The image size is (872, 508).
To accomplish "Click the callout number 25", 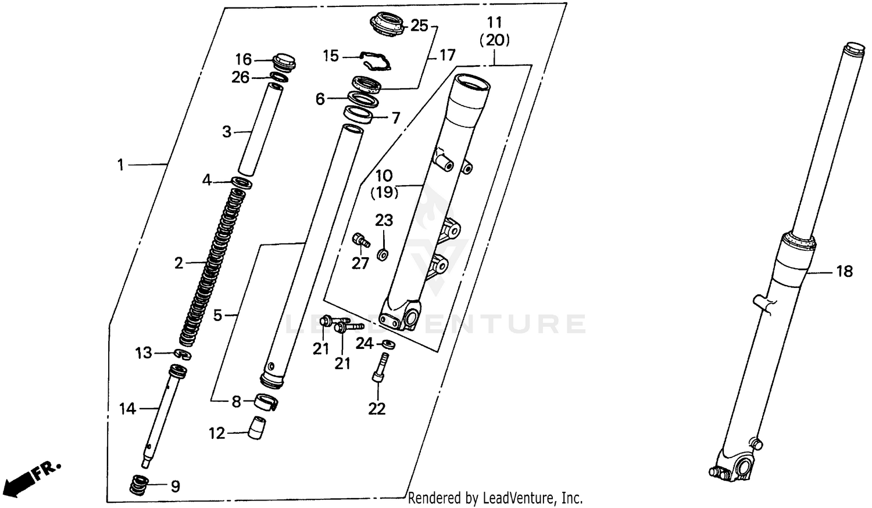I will tap(419, 26).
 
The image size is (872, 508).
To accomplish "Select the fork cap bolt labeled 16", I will tap(284, 60).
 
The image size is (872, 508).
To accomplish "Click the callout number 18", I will tap(844, 271).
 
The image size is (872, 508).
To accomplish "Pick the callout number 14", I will tap(127, 409).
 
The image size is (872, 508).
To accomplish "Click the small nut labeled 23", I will tap(382, 254).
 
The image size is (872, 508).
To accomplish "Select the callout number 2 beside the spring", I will tap(178, 264).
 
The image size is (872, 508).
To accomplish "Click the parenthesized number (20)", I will tap(494, 40).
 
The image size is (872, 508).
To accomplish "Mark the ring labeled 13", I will tap(182, 354).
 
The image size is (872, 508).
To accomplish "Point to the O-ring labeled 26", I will tap(279, 78).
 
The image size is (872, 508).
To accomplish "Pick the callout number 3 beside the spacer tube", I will tap(227, 132).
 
